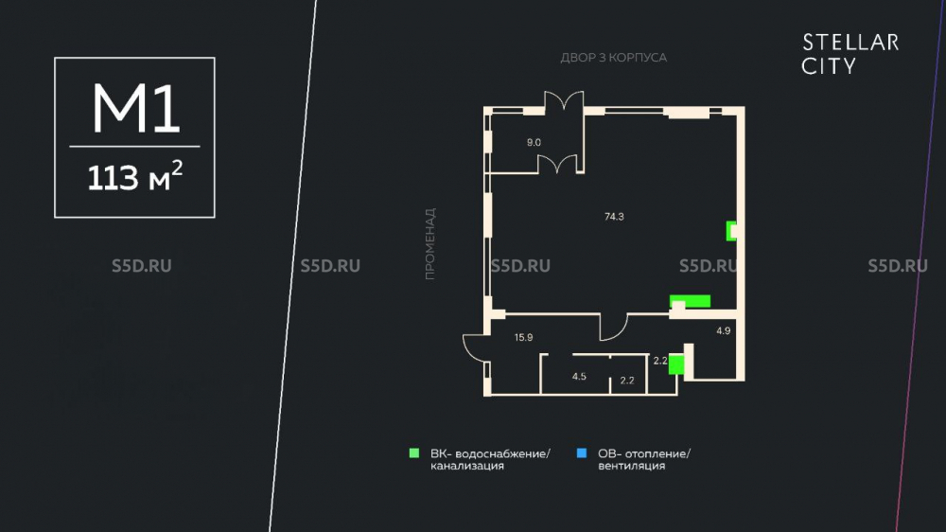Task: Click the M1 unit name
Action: (x=135, y=109)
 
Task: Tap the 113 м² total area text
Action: (x=134, y=177)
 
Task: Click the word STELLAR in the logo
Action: (x=850, y=43)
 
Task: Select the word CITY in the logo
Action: (x=829, y=66)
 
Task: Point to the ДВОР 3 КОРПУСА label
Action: (x=614, y=58)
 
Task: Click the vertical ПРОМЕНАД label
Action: (x=429, y=244)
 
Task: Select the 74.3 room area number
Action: (x=614, y=217)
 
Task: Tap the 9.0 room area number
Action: (x=534, y=143)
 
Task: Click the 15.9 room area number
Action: (x=524, y=338)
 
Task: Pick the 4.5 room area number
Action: (x=579, y=376)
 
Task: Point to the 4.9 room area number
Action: (x=724, y=330)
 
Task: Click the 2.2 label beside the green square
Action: (x=660, y=361)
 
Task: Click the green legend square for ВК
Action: (x=414, y=452)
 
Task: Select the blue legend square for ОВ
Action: (x=582, y=452)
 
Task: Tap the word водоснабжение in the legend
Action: (x=502, y=453)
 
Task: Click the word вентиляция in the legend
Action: (x=632, y=466)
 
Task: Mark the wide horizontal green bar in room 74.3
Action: (x=691, y=301)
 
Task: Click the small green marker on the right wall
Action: (x=730, y=231)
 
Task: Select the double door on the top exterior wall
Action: (x=564, y=101)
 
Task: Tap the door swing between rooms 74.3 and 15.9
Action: (x=614, y=328)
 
